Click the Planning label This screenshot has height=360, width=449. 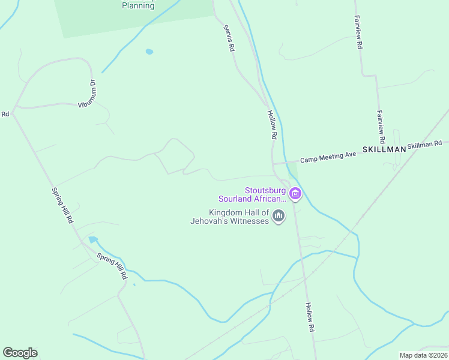(138, 5)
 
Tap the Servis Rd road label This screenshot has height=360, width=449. (229, 37)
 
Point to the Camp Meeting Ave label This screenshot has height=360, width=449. (328, 157)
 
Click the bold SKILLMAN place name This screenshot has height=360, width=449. (384, 149)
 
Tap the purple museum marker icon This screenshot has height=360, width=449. (295, 193)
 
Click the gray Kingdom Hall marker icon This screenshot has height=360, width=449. (278, 215)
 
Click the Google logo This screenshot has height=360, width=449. (20, 353)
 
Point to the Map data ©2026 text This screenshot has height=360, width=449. (423, 355)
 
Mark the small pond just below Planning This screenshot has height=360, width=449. (149, 52)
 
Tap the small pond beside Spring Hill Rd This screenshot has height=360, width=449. (93, 240)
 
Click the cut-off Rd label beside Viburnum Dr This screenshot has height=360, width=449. (5, 113)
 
